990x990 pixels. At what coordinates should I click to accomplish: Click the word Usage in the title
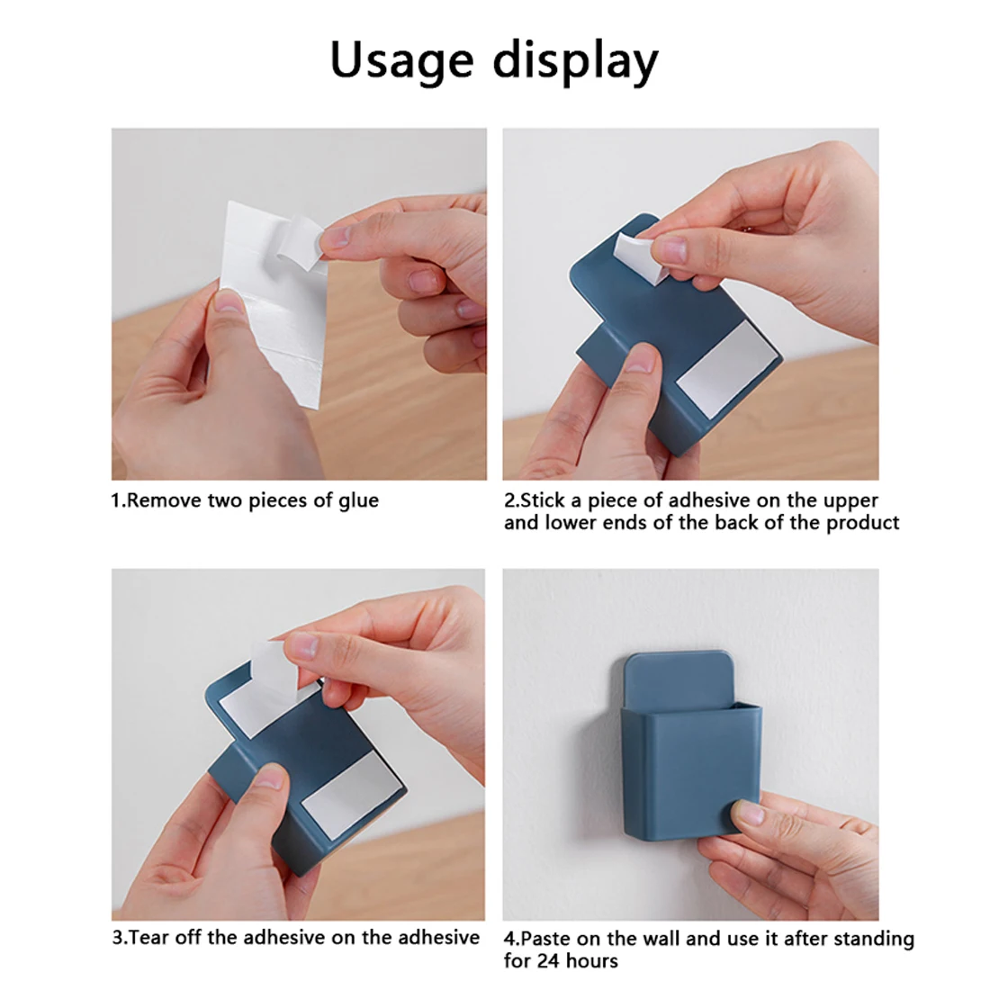(x=401, y=61)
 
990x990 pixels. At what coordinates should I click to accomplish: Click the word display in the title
(x=575, y=61)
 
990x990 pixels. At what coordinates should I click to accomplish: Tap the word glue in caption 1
(x=358, y=501)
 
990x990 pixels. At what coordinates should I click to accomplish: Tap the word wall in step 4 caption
(x=660, y=939)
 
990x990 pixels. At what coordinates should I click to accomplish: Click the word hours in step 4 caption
(x=592, y=961)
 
